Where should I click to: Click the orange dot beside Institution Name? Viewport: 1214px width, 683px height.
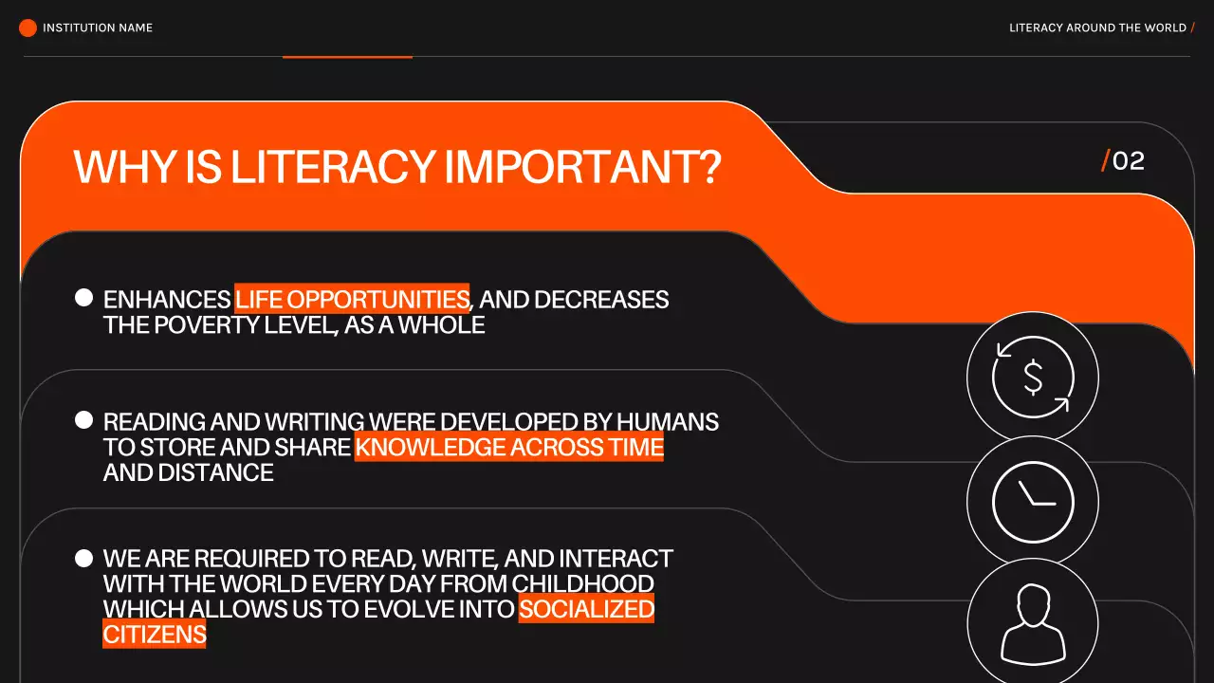click(x=28, y=28)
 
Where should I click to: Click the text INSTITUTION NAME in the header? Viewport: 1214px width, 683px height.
click(x=98, y=28)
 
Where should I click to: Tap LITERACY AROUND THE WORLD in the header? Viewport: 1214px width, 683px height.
click(x=1097, y=28)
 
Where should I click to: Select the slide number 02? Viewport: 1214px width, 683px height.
click(x=1128, y=161)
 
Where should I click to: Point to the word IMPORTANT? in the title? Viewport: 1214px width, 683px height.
click(x=583, y=168)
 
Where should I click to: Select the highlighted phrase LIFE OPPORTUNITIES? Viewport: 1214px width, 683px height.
click(x=352, y=300)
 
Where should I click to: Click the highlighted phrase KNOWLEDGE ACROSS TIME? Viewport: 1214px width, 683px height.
click(x=509, y=447)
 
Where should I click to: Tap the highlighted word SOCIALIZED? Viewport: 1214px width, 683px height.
click(x=586, y=608)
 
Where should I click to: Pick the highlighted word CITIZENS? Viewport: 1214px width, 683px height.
click(x=155, y=634)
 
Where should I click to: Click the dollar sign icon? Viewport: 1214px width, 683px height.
click(x=1033, y=378)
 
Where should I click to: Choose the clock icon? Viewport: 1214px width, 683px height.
click(x=1033, y=501)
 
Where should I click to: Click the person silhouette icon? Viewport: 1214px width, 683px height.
click(x=1033, y=623)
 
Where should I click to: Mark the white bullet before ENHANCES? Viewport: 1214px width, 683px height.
click(x=83, y=298)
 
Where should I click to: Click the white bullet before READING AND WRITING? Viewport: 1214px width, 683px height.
click(x=83, y=419)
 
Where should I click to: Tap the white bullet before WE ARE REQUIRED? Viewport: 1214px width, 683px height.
click(x=83, y=558)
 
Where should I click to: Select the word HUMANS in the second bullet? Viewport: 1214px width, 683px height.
click(x=668, y=421)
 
